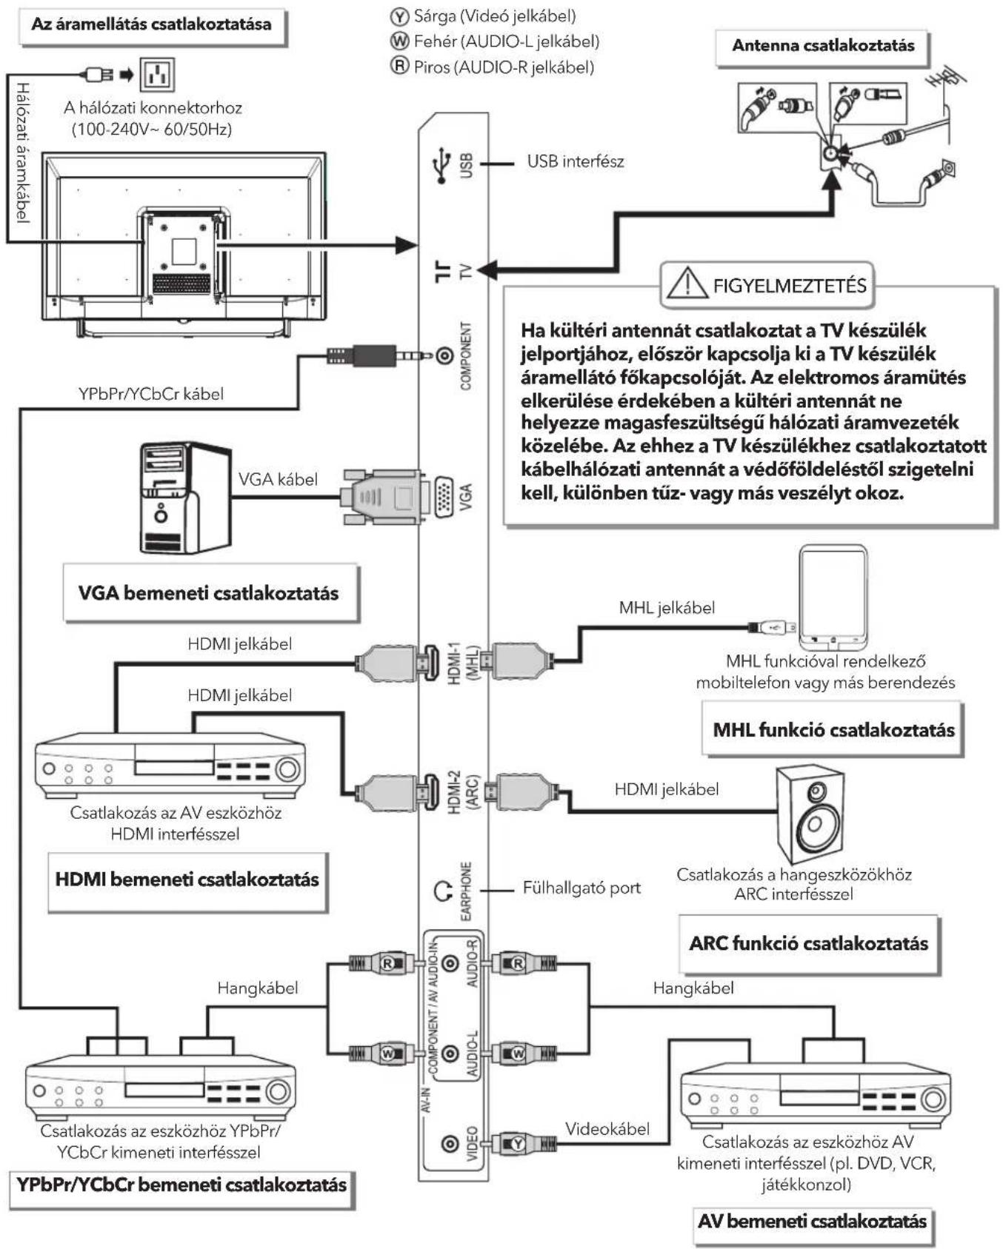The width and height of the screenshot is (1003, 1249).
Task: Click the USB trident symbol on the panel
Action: click(442, 165)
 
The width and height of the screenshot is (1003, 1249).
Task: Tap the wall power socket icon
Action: click(157, 74)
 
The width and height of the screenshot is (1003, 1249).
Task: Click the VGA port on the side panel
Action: click(444, 495)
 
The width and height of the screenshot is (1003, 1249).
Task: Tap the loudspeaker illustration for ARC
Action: click(810, 814)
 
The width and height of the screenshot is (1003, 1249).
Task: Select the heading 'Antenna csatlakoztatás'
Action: click(823, 45)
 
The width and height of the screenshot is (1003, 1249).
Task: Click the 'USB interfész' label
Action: click(576, 161)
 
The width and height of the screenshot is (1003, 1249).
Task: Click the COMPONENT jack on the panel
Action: click(444, 357)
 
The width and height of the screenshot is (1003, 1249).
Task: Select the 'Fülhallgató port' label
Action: click(582, 888)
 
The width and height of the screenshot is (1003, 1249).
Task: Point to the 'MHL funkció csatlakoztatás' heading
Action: click(833, 730)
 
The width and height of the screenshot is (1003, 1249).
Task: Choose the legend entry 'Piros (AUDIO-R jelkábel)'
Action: click(493, 67)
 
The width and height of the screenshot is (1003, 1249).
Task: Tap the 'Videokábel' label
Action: click(607, 1129)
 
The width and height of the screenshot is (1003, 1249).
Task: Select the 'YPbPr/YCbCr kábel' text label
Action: click(151, 394)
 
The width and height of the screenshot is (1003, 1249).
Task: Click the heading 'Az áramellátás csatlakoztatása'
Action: click(151, 24)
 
